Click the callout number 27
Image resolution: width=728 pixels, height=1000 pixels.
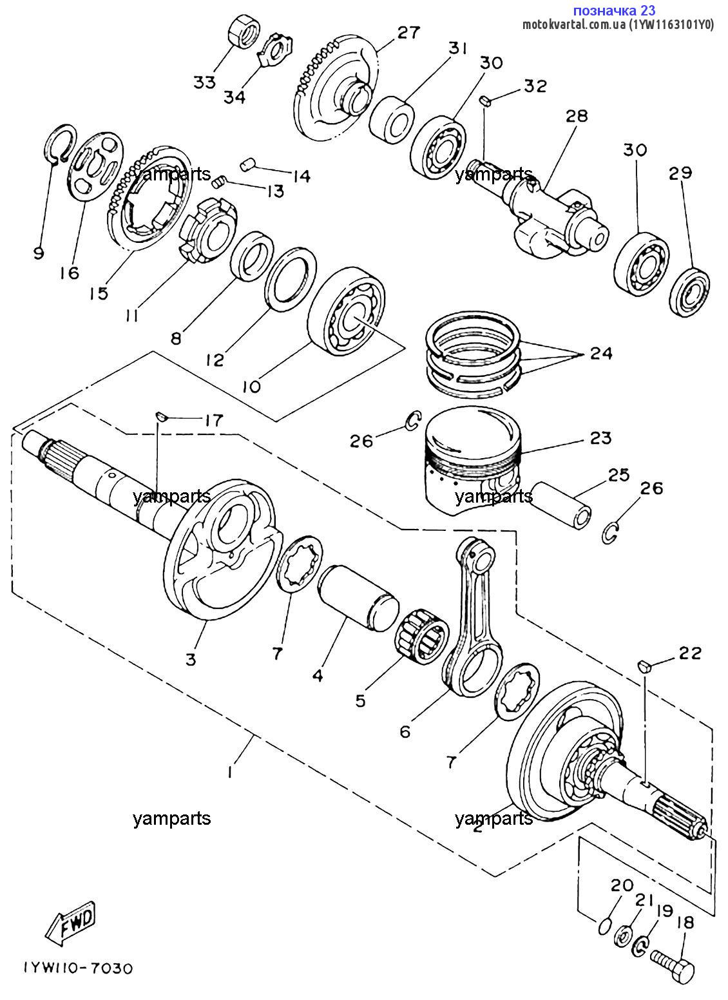click(x=408, y=32)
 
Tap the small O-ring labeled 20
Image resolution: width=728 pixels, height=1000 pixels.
click(x=602, y=926)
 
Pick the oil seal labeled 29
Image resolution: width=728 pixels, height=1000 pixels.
click(x=689, y=293)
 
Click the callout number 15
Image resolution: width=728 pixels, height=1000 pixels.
click(x=99, y=293)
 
